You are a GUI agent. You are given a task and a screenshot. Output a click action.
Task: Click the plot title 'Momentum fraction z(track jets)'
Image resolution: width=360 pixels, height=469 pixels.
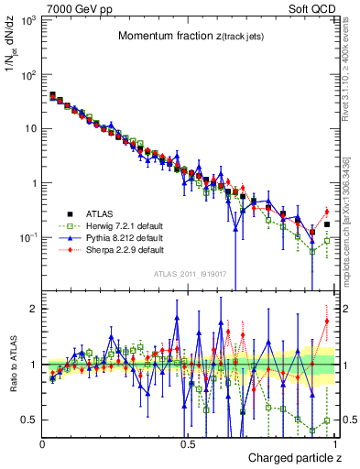click(x=189, y=36)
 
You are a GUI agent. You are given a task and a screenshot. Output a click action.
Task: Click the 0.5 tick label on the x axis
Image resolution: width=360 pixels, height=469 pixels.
click(x=188, y=444)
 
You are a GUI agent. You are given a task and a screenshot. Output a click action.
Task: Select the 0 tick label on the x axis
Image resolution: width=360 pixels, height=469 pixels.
click(x=43, y=444)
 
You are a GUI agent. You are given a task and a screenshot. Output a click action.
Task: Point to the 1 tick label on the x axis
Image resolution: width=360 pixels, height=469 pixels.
click(x=332, y=444)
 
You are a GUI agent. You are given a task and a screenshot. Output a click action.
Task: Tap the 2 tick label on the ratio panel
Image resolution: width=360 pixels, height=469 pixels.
click(x=32, y=310)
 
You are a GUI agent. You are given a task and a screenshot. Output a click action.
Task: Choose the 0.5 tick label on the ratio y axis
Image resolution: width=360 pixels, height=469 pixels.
click(x=28, y=420)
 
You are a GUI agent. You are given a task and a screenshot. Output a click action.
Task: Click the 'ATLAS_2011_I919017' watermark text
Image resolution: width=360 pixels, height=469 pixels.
click(x=189, y=274)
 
